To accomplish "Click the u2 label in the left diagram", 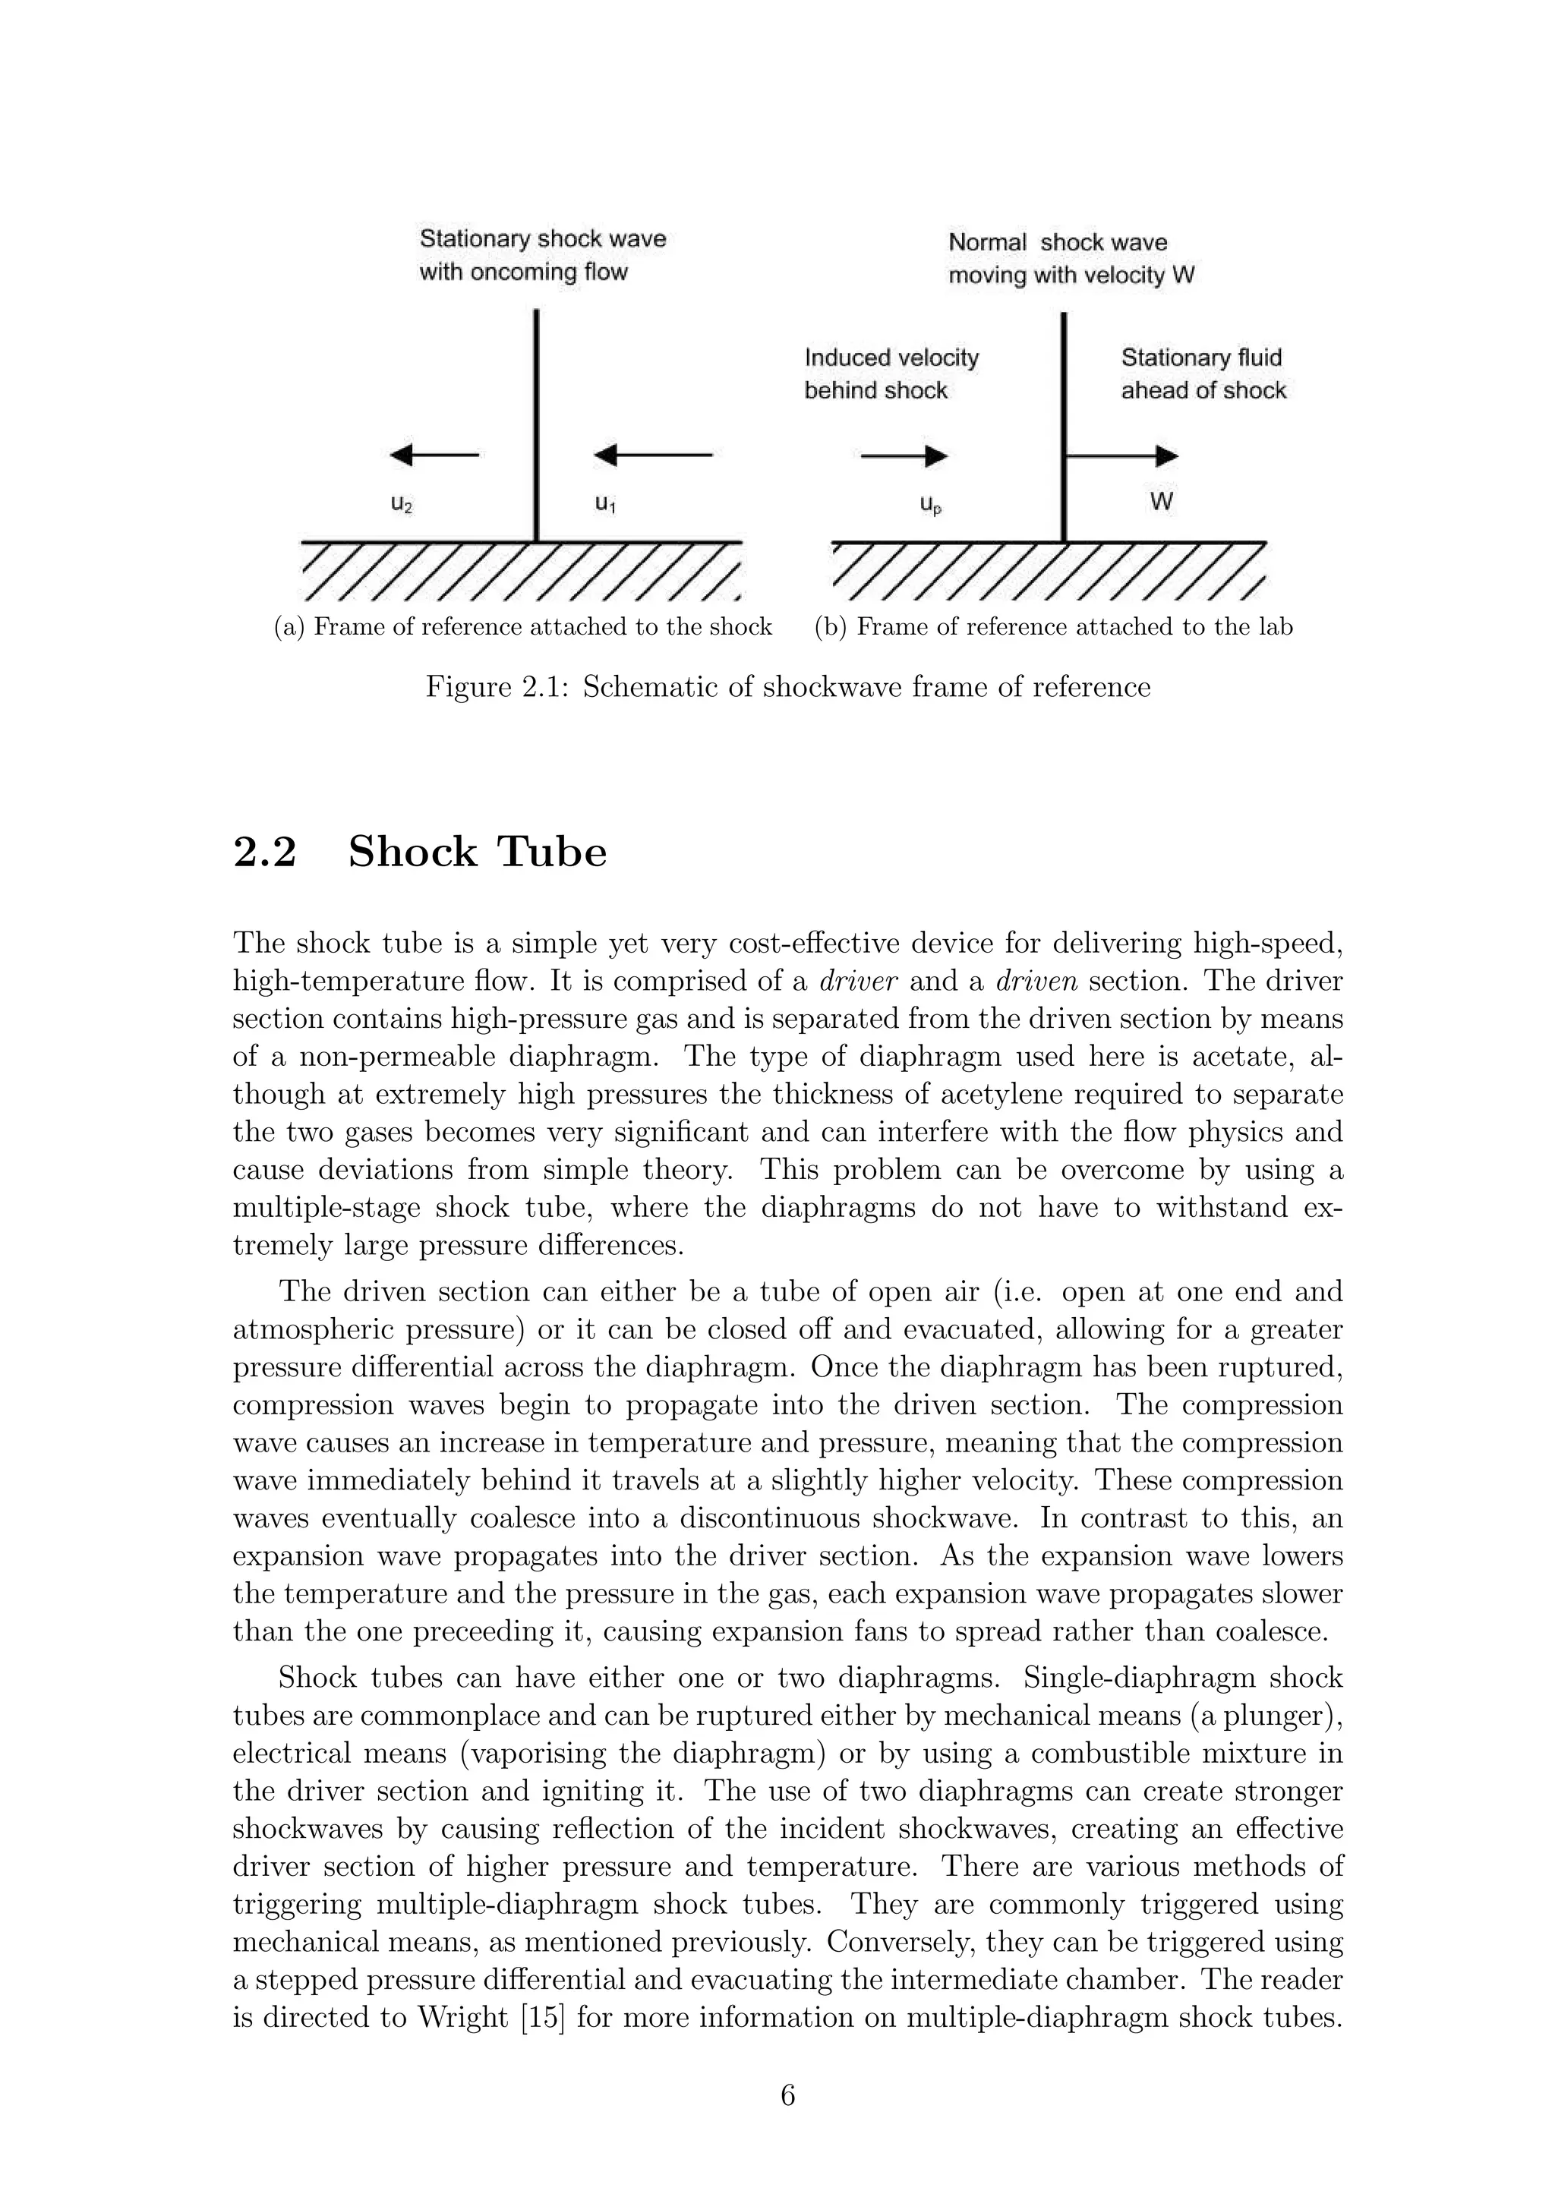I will [x=402, y=505].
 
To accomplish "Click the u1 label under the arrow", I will [x=604, y=503].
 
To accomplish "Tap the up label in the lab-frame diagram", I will [x=930, y=505].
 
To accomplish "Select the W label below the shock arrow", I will [x=1161, y=501].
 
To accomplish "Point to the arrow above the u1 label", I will [x=654, y=455].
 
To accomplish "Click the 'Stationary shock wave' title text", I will [x=542, y=238].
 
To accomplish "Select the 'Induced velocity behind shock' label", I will [x=891, y=373].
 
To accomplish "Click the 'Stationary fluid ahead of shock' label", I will [x=1203, y=373].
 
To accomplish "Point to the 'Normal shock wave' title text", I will [x=1058, y=242].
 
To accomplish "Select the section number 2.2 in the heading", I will [x=264, y=852].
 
